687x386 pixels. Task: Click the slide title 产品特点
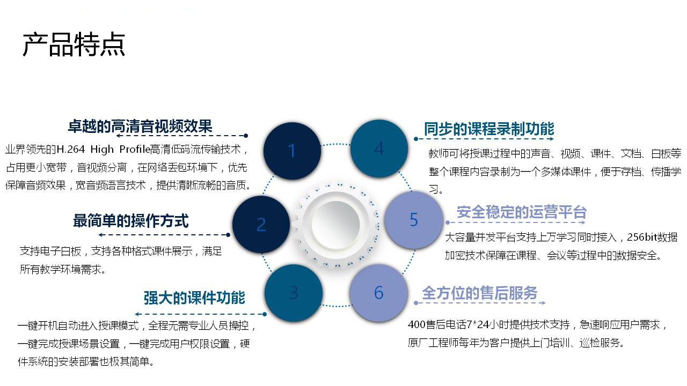(74, 44)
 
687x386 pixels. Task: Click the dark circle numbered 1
(292, 151)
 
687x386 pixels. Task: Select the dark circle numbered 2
(261, 225)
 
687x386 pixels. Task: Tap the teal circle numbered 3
(294, 293)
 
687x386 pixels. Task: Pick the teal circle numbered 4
(379, 149)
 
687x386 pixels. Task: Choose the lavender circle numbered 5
(414, 220)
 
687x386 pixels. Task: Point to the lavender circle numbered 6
(379, 293)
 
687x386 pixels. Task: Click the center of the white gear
(336, 225)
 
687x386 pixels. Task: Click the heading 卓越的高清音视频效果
(140, 126)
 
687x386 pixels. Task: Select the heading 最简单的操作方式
(131, 221)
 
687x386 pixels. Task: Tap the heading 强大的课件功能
(194, 298)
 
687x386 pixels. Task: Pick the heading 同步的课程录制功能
(489, 129)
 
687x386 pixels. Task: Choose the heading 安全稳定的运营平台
(521, 212)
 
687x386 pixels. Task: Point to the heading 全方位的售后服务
(480, 293)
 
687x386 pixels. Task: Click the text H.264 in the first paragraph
(70, 149)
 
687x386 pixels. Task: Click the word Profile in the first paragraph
(135, 149)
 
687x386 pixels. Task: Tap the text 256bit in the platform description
(641, 237)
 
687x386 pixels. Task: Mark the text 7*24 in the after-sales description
(478, 324)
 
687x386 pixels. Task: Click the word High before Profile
(102, 150)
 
